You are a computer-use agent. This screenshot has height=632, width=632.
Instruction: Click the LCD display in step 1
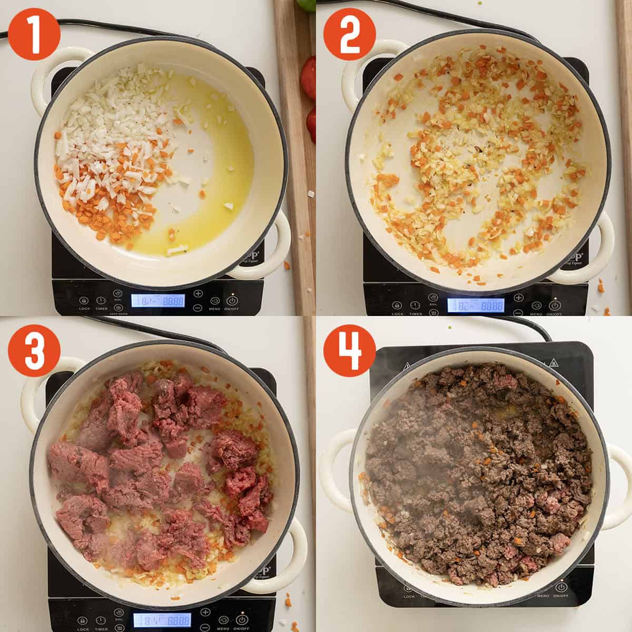(x=158, y=301)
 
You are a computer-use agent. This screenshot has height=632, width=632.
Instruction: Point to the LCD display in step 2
(x=475, y=305)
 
